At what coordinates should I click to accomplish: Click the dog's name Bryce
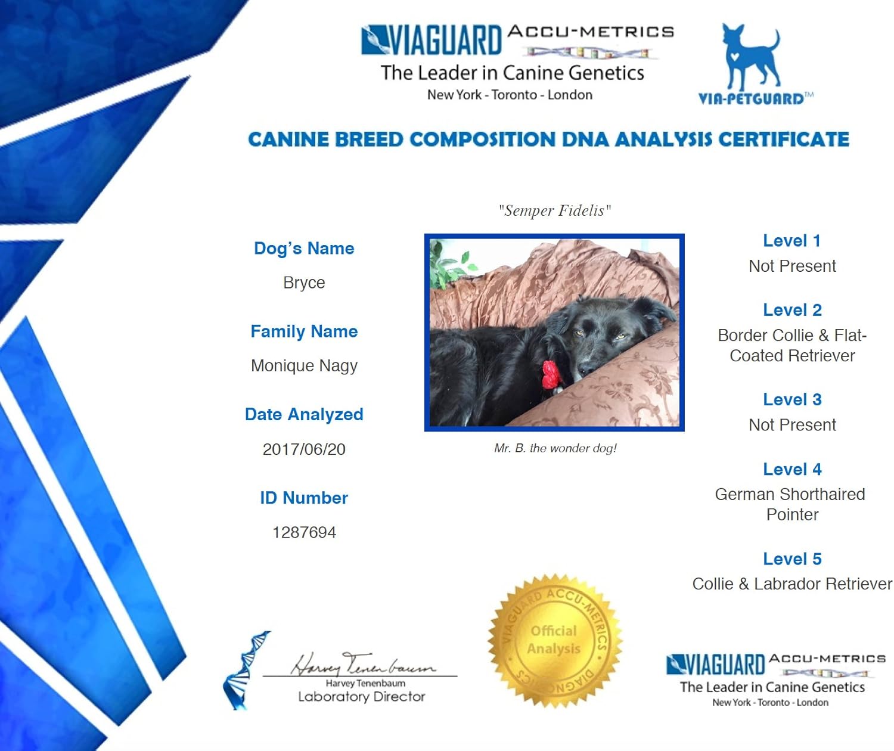coord(304,283)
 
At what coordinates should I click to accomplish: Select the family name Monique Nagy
coord(304,365)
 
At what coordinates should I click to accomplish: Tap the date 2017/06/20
coord(304,449)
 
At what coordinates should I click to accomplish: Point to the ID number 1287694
coord(304,532)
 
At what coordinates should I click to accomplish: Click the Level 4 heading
coord(792,470)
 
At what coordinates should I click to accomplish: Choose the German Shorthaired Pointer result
coord(791,504)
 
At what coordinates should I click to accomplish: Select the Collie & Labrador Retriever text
coord(792,584)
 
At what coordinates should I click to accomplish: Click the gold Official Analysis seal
coord(554,640)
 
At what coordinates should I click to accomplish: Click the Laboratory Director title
coord(362,697)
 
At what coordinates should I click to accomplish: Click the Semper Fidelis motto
coord(555,210)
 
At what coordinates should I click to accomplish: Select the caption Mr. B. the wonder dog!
coord(555,448)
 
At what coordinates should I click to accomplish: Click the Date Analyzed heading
coord(304,415)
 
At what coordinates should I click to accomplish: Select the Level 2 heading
coord(792,311)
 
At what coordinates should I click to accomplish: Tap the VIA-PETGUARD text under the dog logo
coord(751,99)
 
